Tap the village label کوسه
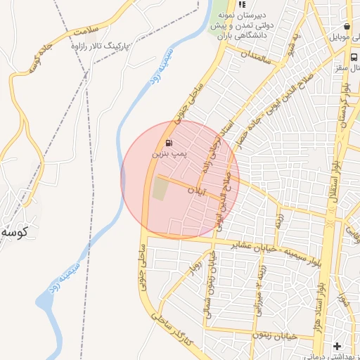(14, 231)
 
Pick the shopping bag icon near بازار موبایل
(347, 26)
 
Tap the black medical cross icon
(337, 345)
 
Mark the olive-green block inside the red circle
(161, 188)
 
